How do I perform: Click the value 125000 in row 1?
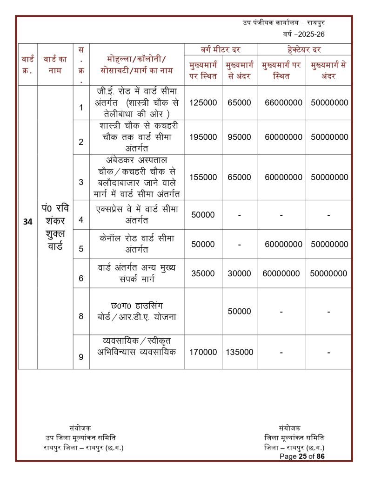(x=203, y=102)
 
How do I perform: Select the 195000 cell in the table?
(x=203, y=137)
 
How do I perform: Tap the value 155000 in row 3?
(x=203, y=177)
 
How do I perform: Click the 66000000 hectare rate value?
(x=283, y=102)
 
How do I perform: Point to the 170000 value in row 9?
(x=203, y=352)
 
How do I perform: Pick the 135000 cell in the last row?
(x=239, y=352)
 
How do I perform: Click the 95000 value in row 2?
(x=239, y=137)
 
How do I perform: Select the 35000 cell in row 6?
(x=203, y=273)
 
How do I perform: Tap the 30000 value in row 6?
(x=239, y=273)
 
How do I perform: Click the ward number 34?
(x=27, y=222)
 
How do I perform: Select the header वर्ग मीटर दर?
(x=220, y=49)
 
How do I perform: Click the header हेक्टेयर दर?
(x=304, y=49)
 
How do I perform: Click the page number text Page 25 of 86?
(x=302, y=457)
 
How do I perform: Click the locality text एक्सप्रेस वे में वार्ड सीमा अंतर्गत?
(x=137, y=214)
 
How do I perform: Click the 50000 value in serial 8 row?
(x=239, y=311)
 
